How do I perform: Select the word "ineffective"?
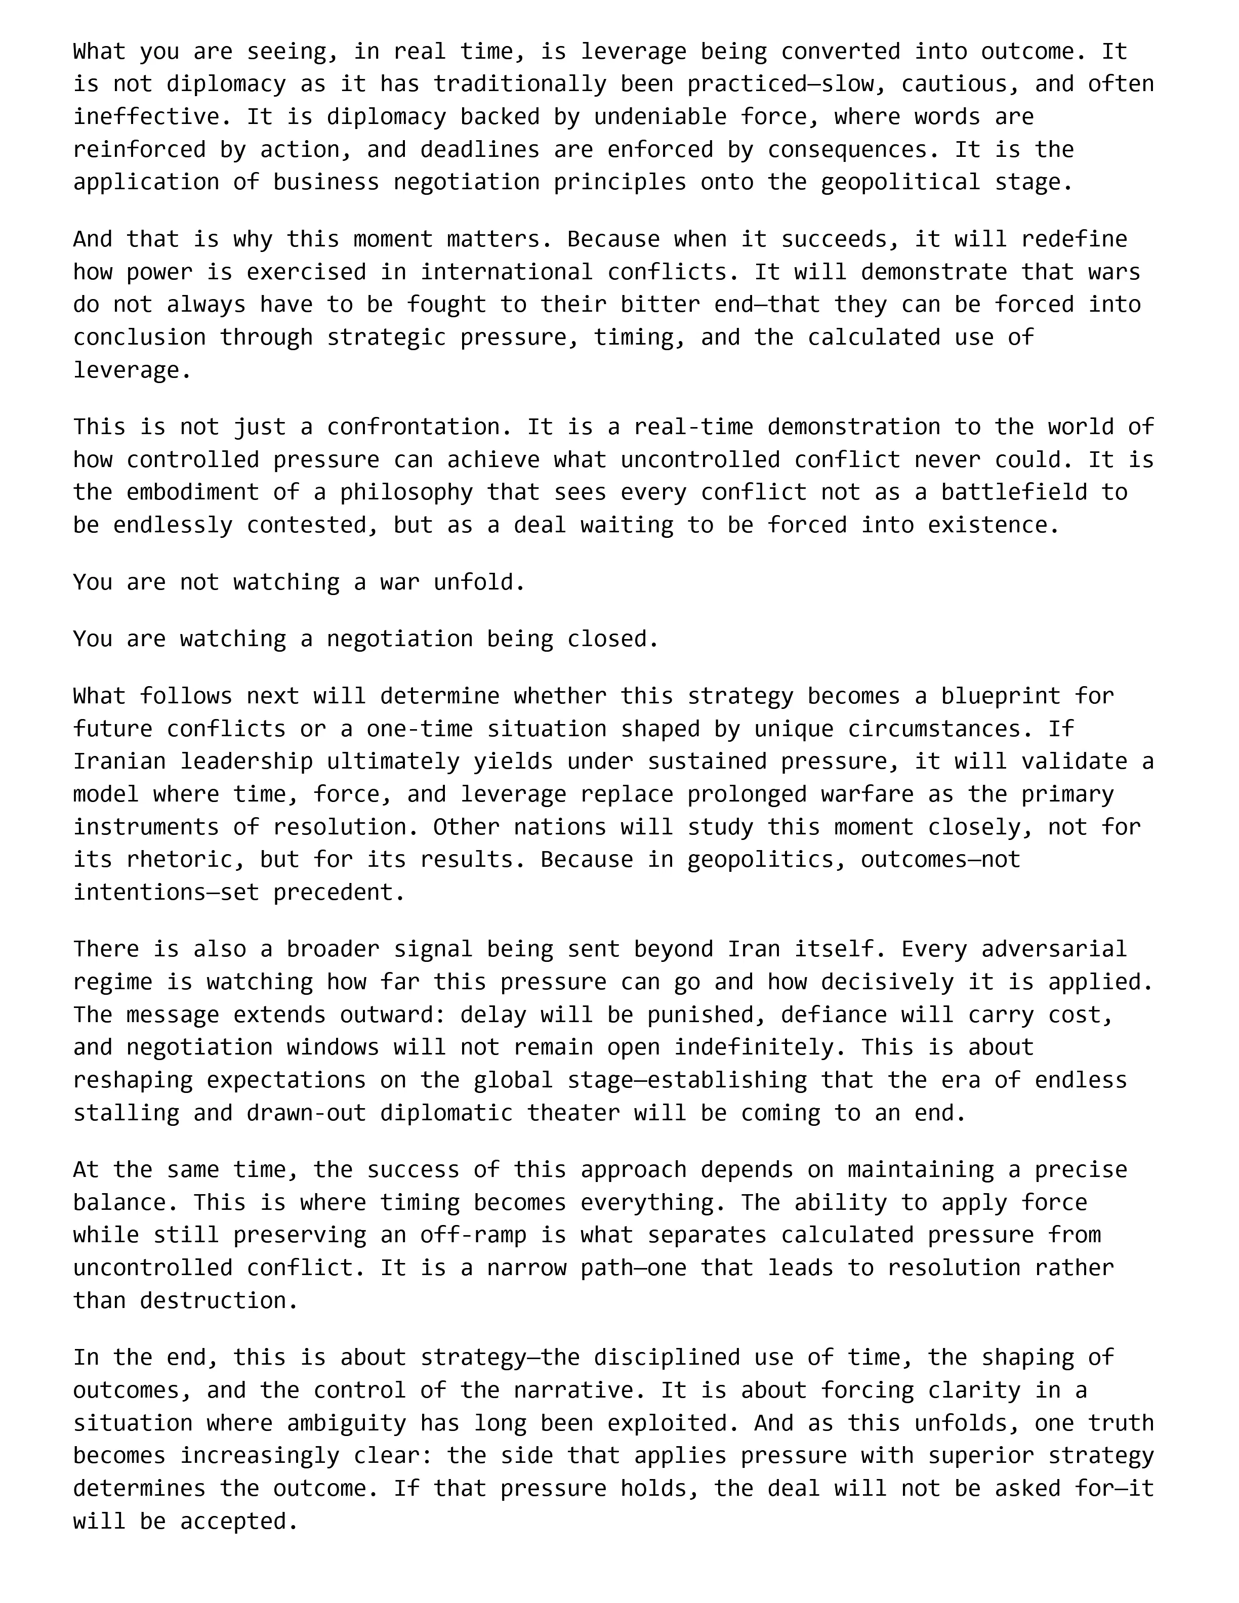click(146, 117)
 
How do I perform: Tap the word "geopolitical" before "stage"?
click(900, 183)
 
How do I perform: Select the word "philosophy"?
click(406, 492)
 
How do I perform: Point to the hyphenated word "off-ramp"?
click(473, 1235)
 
